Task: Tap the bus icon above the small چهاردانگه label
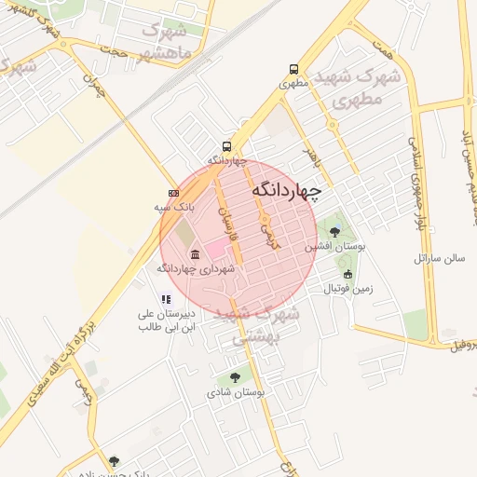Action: pyautogui.click(x=226, y=146)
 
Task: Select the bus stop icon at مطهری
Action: pyautogui.click(x=294, y=69)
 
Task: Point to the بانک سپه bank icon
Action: pyautogui.click(x=172, y=193)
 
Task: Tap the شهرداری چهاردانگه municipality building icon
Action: pyautogui.click(x=194, y=254)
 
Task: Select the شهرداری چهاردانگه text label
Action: pyautogui.click(x=195, y=268)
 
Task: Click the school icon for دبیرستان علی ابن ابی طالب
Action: pyautogui.click(x=166, y=299)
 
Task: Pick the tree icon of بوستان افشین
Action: pyautogui.click(x=334, y=232)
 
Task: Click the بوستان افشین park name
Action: pyautogui.click(x=330, y=248)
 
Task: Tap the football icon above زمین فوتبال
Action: pyautogui.click(x=348, y=274)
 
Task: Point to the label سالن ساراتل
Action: pyautogui.click(x=439, y=255)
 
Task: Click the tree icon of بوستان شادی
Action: pyautogui.click(x=235, y=377)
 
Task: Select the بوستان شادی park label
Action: pyautogui.click(x=236, y=392)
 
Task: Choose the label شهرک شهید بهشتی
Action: pyautogui.click(x=257, y=326)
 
